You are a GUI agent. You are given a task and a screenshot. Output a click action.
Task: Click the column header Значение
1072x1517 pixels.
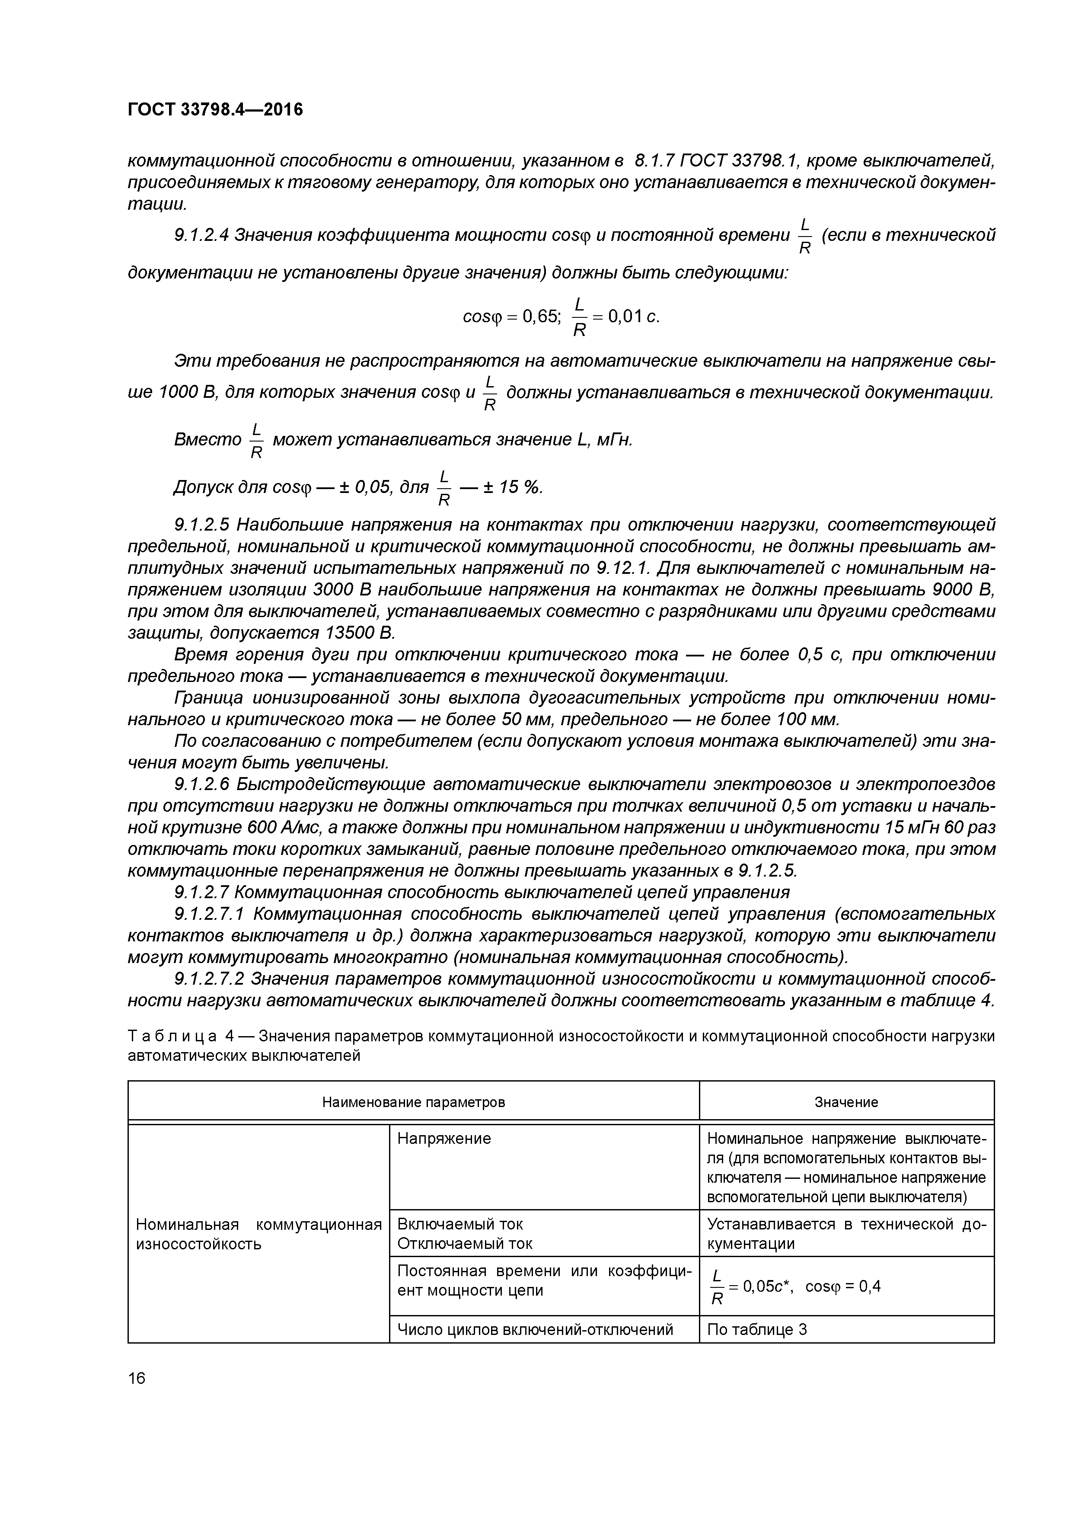click(x=846, y=1102)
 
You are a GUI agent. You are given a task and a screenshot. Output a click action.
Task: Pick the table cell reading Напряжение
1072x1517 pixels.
click(x=444, y=1139)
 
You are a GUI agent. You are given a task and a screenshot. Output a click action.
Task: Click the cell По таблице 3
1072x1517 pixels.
click(x=757, y=1329)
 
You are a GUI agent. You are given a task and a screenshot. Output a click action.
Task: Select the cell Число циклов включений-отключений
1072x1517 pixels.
click(x=535, y=1329)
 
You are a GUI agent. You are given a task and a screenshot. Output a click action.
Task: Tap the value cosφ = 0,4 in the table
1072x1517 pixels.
click(x=843, y=1286)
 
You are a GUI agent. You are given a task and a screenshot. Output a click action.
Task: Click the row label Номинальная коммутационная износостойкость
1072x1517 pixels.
click(x=258, y=1234)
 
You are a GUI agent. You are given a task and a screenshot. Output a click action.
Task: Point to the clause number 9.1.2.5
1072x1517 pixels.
click(x=201, y=525)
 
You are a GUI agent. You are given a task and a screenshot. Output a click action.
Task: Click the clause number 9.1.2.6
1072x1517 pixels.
click(x=201, y=784)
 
